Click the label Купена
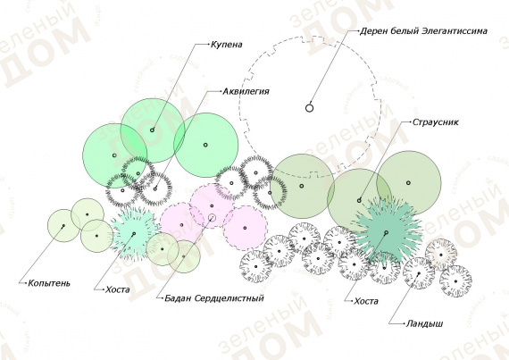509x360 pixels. pos(226,44)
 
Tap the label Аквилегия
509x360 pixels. pos(246,91)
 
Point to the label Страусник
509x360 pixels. pos(435,122)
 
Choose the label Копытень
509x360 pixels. pos(49,283)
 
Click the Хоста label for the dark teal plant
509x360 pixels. pos(366,301)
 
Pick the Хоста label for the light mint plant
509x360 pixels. pos(118,289)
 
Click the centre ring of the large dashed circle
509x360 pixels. pos(309,108)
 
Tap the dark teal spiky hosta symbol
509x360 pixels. pos(387,232)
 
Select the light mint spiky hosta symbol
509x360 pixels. pos(134,233)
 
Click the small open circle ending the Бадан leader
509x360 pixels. pos(212,217)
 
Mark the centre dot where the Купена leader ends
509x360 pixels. pos(152,130)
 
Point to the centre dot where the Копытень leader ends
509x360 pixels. pos(63,225)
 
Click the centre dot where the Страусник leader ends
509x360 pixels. pos(359,201)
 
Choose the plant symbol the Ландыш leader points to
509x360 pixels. pos(419,273)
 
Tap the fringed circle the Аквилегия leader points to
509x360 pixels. pos(154,188)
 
